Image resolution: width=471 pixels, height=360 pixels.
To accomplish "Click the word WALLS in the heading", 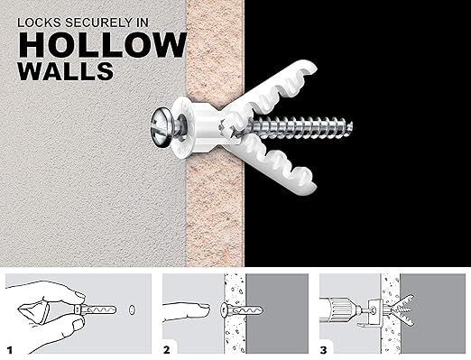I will tap(68, 71).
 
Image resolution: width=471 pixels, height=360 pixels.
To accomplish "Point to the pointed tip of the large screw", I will tap(351, 125).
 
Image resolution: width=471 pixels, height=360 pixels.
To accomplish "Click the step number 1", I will tap(12, 347).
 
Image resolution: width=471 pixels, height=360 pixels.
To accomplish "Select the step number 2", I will tap(169, 347).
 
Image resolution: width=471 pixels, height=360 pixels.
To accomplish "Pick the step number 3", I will tap(324, 347).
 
